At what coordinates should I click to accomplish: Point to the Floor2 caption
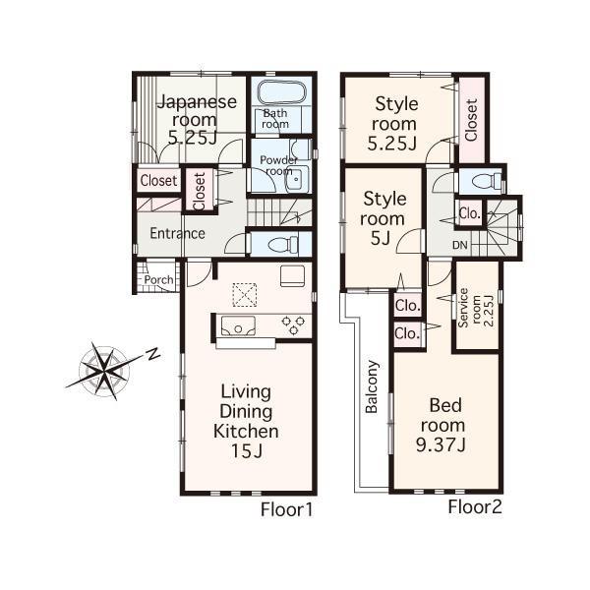point(475,507)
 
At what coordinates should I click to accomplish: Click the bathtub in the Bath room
point(282,96)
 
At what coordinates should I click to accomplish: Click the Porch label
point(158,279)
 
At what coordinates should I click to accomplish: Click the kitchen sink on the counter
point(237,326)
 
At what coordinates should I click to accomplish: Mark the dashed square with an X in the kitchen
point(243,293)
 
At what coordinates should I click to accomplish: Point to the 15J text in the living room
point(246,451)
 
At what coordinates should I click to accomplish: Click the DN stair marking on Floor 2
point(459,245)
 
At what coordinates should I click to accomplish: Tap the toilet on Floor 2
point(484,180)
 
